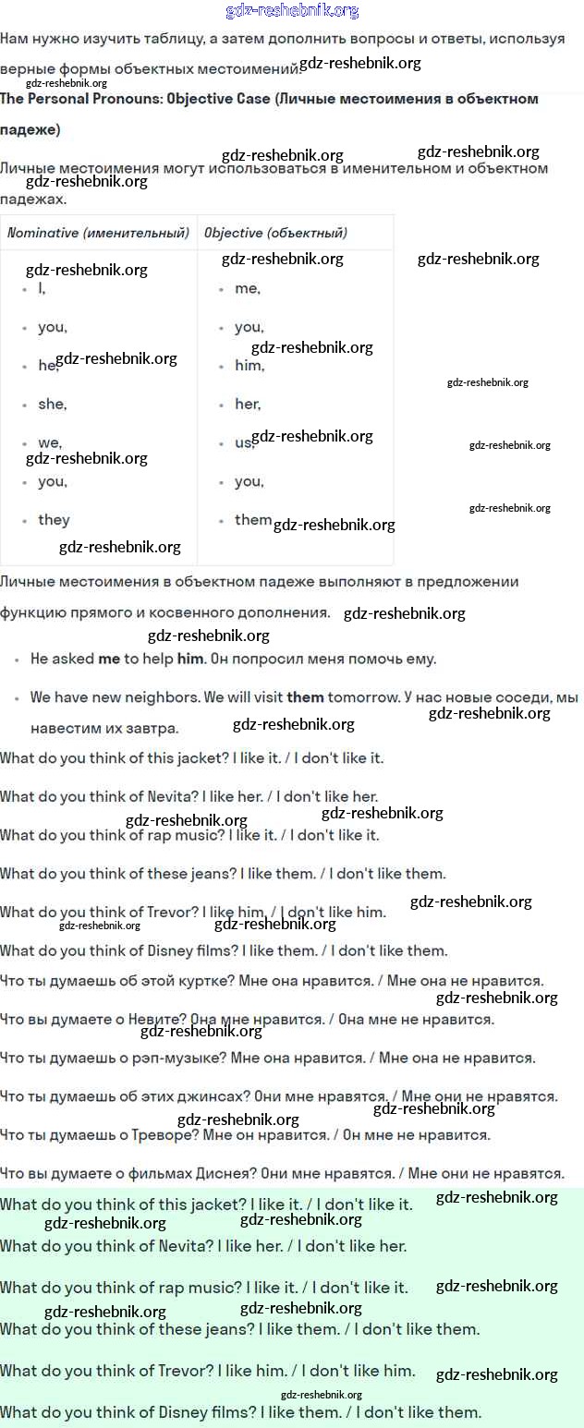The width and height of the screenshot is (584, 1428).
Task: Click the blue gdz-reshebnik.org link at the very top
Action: click(x=292, y=11)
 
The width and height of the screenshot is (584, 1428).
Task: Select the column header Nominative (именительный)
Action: click(x=98, y=233)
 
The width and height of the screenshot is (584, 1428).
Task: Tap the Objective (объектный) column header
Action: click(x=275, y=233)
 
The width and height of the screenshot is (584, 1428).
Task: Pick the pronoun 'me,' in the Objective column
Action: click(x=247, y=288)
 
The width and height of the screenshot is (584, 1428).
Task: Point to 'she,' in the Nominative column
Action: click(x=52, y=404)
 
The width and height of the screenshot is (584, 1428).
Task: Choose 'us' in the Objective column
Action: click(x=243, y=442)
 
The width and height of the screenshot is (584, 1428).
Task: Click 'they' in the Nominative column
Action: click(x=54, y=520)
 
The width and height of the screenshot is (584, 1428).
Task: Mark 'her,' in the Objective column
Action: click(x=247, y=404)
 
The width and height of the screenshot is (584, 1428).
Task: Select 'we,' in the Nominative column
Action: click(x=49, y=442)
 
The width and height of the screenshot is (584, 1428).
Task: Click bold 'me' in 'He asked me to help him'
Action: click(x=109, y=660)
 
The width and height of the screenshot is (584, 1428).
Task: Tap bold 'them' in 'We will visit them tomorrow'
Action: click(x=304, y=697)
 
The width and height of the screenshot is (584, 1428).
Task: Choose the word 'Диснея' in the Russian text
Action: click(x=225, y=1173)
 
